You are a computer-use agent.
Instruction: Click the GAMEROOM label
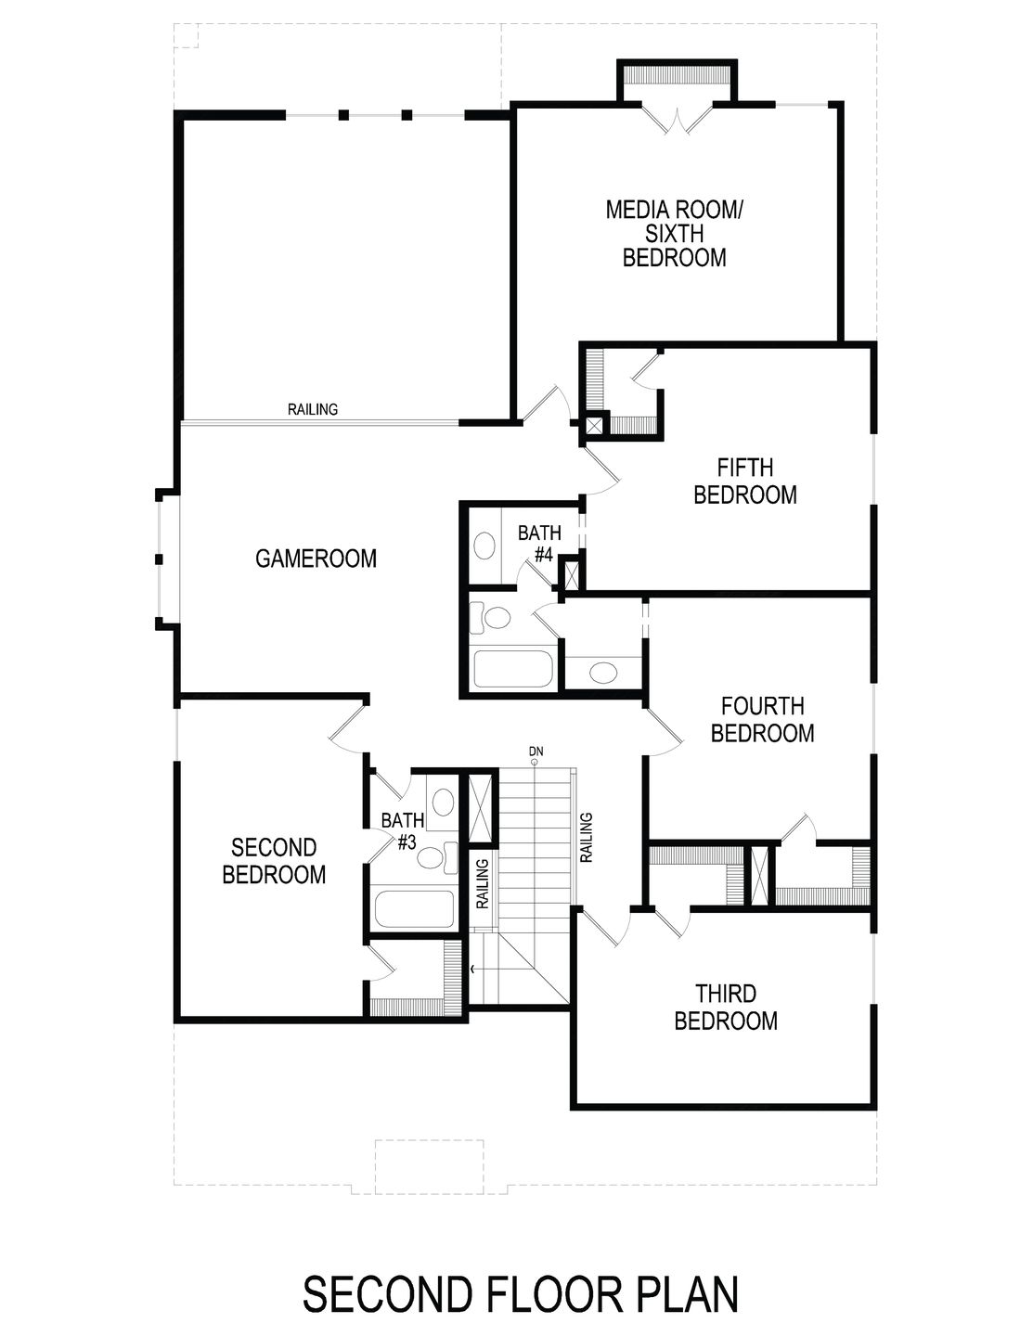(x=316, y=559)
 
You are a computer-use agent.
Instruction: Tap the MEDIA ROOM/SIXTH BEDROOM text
(x=674, y=233)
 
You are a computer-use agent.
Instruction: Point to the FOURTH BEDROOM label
(x=761, y=720)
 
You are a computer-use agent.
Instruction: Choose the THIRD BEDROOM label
(x=725, y=1008)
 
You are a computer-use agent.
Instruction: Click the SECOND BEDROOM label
(x=274, y=861)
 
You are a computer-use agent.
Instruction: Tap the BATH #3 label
(x=404, y=831)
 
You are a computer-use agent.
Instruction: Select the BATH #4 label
(x=539, y=544)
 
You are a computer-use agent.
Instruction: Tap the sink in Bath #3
(x=444, y=800)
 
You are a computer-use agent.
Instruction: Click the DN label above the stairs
(x=535, y=750)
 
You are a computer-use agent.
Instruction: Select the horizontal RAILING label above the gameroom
(x=313, y=409)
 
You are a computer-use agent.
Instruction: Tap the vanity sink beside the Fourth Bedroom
(x=603, y=671)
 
